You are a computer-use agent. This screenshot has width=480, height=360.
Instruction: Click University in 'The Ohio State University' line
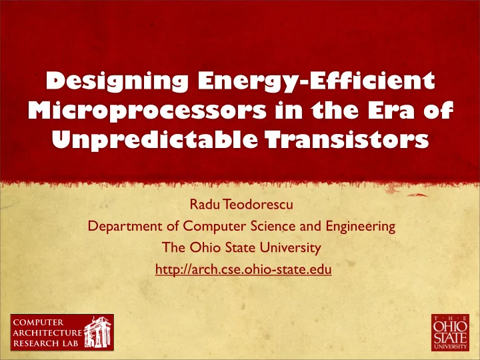291,248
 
